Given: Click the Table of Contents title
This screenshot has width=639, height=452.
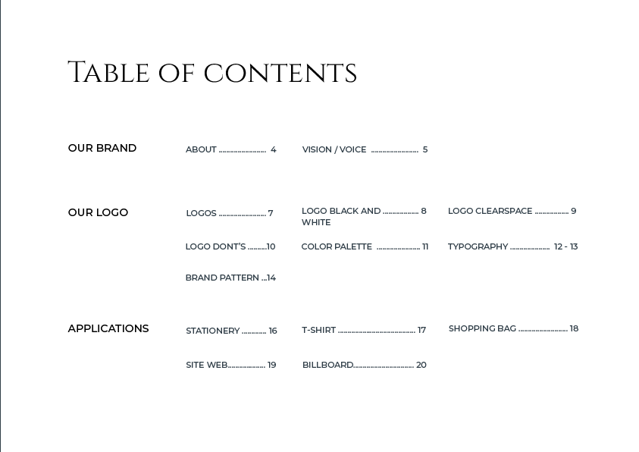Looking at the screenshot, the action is (212, 74).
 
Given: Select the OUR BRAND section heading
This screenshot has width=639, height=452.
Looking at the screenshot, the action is (102, 148).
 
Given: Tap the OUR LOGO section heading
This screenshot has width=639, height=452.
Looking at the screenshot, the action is (98, 212).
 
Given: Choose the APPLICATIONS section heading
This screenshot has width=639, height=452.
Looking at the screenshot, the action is (108, 328).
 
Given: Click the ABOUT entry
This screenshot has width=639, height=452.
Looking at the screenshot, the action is (202, 149).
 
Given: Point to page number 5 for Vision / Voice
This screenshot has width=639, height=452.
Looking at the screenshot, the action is (425, 149).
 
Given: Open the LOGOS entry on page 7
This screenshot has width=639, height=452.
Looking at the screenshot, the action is (202, 213).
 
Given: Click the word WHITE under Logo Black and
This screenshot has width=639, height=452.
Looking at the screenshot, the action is (316, 223).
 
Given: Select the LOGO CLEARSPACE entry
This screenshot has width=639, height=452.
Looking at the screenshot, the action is (490, 211).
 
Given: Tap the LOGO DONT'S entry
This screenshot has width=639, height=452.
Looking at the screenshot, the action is (216, 246).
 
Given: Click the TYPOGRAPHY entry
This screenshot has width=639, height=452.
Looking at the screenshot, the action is (478, 246).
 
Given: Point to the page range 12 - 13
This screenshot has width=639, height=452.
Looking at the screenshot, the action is (565, 246).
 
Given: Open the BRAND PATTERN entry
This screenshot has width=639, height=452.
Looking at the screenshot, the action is (222, 278).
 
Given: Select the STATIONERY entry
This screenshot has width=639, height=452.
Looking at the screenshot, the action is (213, 331).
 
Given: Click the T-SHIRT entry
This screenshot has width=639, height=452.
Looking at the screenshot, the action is (318, 330).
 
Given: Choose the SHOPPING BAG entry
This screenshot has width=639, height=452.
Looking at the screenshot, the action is (482, 328).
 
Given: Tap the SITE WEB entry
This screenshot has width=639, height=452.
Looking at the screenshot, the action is (207, 365).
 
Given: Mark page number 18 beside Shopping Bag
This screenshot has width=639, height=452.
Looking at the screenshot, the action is (574, 328).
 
